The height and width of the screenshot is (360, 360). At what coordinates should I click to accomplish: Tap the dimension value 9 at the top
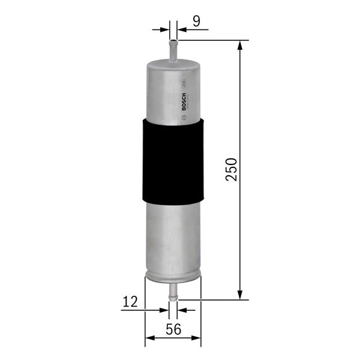(x=196, y=22)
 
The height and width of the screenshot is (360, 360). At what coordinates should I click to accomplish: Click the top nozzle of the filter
(x=173, y=49)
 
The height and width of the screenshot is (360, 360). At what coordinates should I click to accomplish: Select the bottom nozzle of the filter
(x=173, y=292)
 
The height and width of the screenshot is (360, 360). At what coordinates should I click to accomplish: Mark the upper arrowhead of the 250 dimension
(x=241, y=46)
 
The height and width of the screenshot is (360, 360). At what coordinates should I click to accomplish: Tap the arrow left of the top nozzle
(x=163, y=28)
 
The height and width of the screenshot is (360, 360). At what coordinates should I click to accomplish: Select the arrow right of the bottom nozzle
(x=183, y=310)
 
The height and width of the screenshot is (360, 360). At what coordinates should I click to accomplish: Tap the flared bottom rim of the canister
(x=173, y=278)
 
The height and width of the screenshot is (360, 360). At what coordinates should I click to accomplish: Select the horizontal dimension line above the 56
(x=173, y=337)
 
